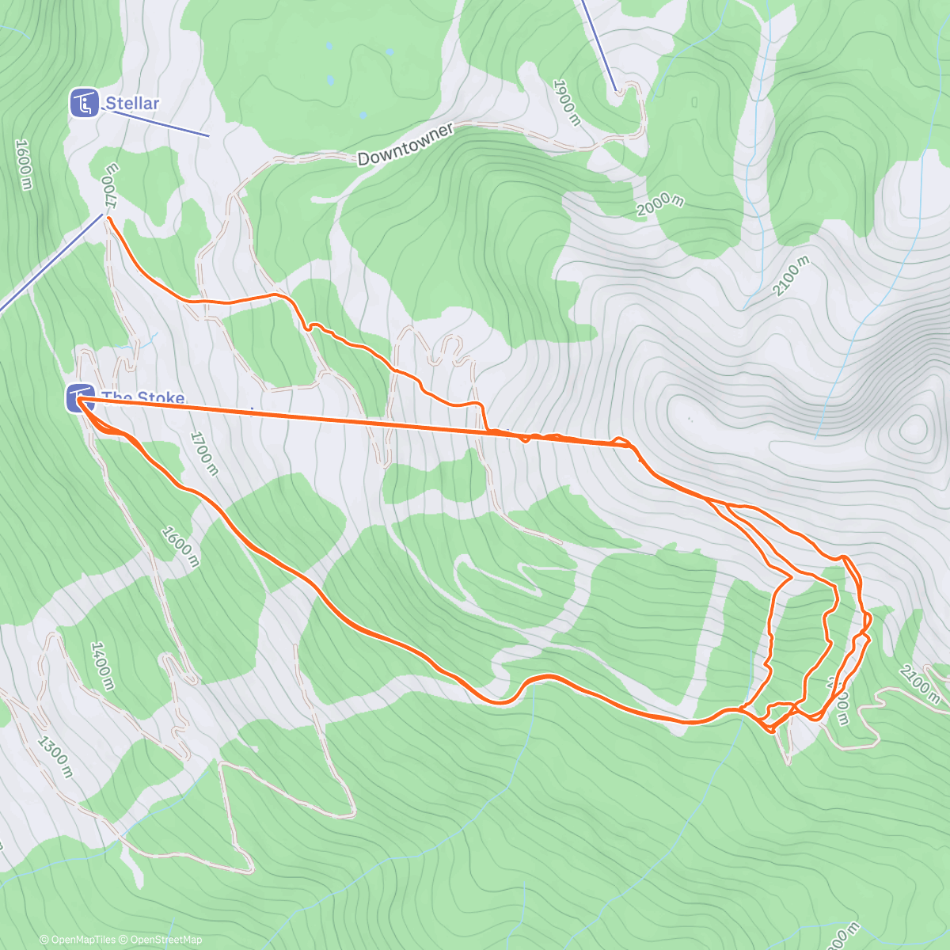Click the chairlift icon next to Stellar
tap(84, 103)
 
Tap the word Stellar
tap(132, 103)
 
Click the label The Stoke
tap(142, 397)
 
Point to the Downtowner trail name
tap(405, 144)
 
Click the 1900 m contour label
tap(567, 102)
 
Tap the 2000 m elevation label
tap(660, 204)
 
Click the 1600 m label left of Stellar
tap(24, 164)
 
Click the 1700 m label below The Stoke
tap(203, 453)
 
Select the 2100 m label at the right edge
tap(919, 683)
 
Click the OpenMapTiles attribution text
tap(78, 940)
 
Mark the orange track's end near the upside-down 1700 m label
tap(107, 216)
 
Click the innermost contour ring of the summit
tap(914, 428)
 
